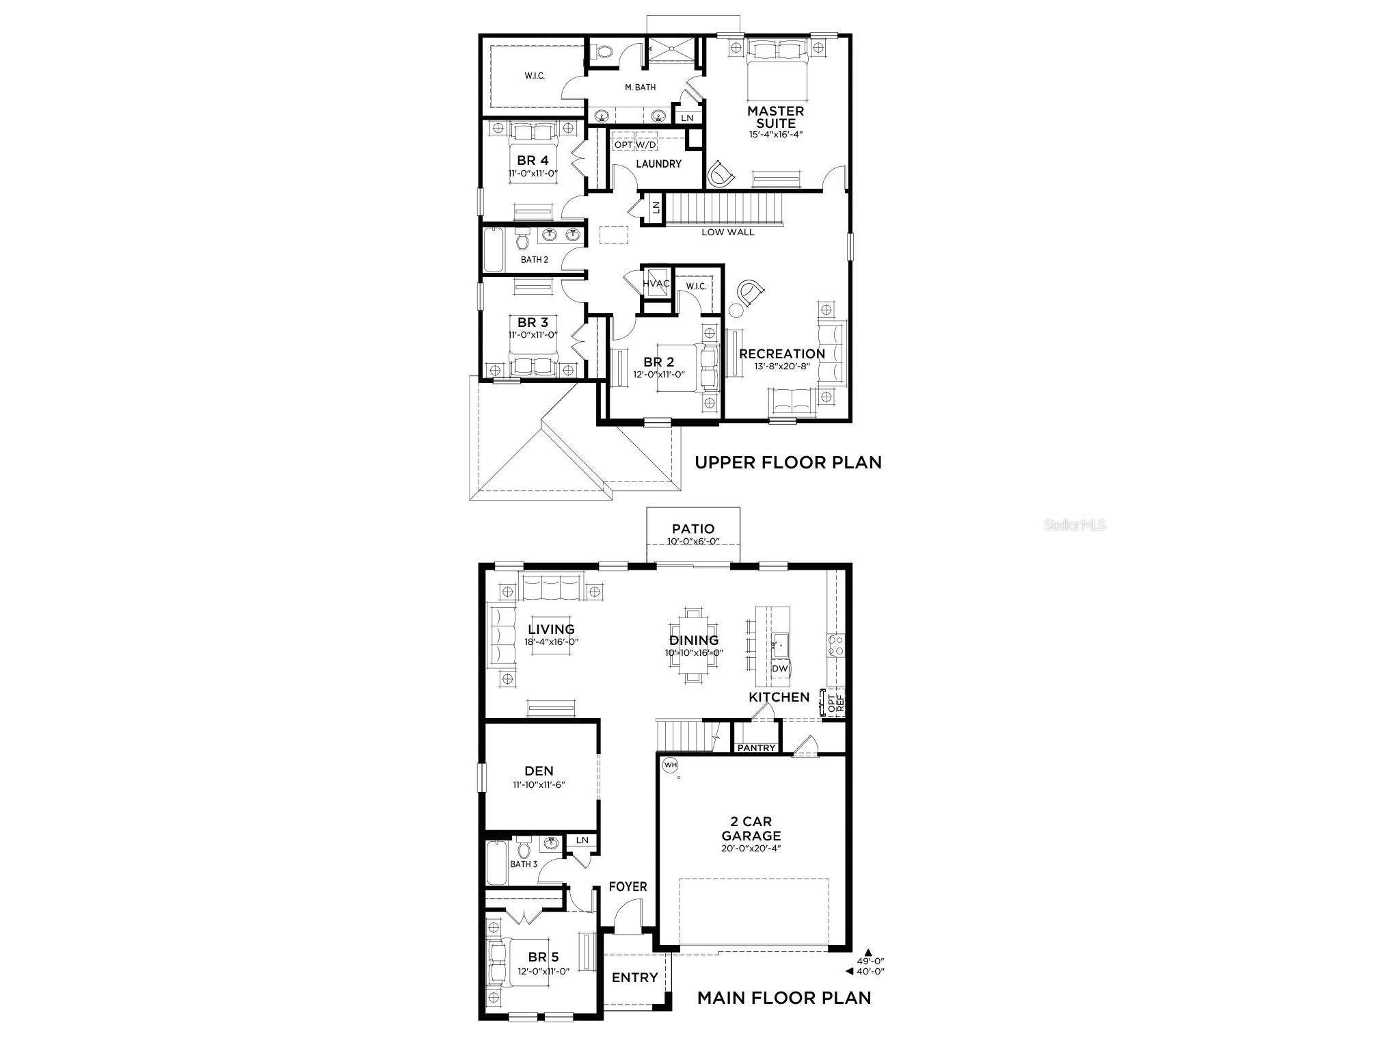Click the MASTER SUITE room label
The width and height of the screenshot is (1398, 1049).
(x=775, y=117)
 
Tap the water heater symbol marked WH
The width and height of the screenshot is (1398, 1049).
(x=670, y=765)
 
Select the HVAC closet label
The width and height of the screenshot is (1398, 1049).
(x=656, y=283)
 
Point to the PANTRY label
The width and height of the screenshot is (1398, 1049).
(x=756, y=747)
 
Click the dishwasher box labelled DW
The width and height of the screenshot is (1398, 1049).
(x=779, y=668)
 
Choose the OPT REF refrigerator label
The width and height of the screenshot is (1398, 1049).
(x=835, y=704)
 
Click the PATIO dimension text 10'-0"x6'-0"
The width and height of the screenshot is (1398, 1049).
(x=693, y=542)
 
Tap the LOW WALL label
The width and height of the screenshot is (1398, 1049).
(x=728, y=233)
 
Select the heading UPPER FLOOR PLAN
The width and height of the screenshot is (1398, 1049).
(x=788, y=462)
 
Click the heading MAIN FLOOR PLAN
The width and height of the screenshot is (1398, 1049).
(x=784, y=998)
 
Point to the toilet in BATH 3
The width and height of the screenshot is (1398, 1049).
(x=524, y=850)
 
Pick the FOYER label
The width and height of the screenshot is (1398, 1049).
(x=628, y=887)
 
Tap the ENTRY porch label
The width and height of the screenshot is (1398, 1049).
(x=634, y=978)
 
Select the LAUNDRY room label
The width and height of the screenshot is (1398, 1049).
(x=658, y=164)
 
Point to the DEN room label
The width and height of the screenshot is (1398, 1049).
(x=539, y=771)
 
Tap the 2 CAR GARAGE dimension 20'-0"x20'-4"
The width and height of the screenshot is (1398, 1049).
(x=751, y=849)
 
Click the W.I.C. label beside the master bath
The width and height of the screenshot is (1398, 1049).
(x=535, y=76)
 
